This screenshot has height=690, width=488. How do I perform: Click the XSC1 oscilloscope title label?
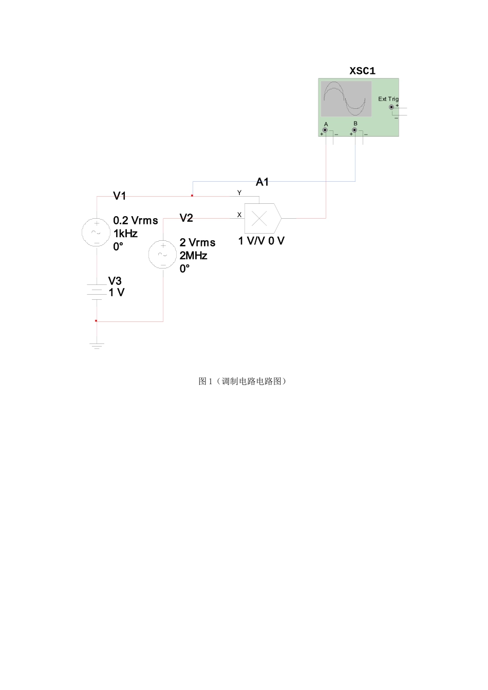tap(362, 71)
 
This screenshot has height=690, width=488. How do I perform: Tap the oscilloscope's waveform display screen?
tap(346, 99)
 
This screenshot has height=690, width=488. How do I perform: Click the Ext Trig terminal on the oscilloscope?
tap(391, 107)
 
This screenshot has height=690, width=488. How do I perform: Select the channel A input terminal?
tap(325, 130)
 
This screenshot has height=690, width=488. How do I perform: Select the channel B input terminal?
tap(354, 130)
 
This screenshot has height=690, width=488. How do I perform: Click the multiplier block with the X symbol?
tap(260, 219)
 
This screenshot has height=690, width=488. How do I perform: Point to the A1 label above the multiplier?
tap(262, 182)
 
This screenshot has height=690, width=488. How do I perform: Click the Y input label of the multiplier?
tap(239, 193)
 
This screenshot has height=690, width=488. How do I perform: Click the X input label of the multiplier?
tap(239, 215)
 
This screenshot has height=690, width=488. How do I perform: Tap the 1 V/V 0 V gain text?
tap(261, 241)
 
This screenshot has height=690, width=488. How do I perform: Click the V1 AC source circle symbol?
tap(96, 232)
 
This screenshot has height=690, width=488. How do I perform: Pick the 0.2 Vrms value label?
tap(136, 221)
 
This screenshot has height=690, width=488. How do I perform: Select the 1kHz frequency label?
tap(125, 234)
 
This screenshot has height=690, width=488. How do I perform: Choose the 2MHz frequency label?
tap(193, 256)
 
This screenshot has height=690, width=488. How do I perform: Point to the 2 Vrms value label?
tap(197, 243)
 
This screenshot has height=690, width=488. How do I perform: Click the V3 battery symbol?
tap(97, 292)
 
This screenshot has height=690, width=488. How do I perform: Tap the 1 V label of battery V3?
tap(117, 293)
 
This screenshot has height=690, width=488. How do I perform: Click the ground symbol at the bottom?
tap(97, 346)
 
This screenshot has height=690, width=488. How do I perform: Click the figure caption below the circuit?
tap(242, 381)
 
